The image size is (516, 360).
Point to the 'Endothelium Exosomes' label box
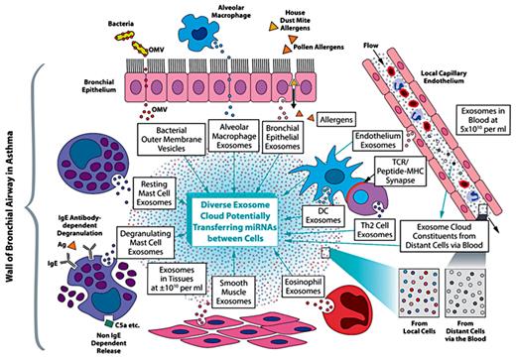(374, 149)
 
